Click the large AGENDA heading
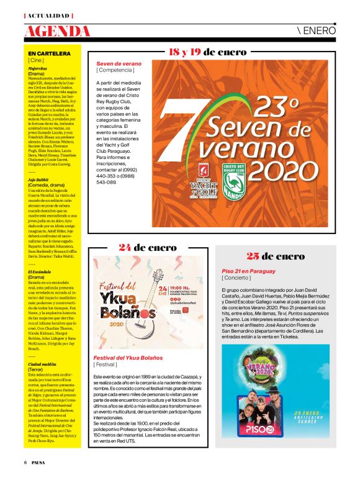coord(57,31)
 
